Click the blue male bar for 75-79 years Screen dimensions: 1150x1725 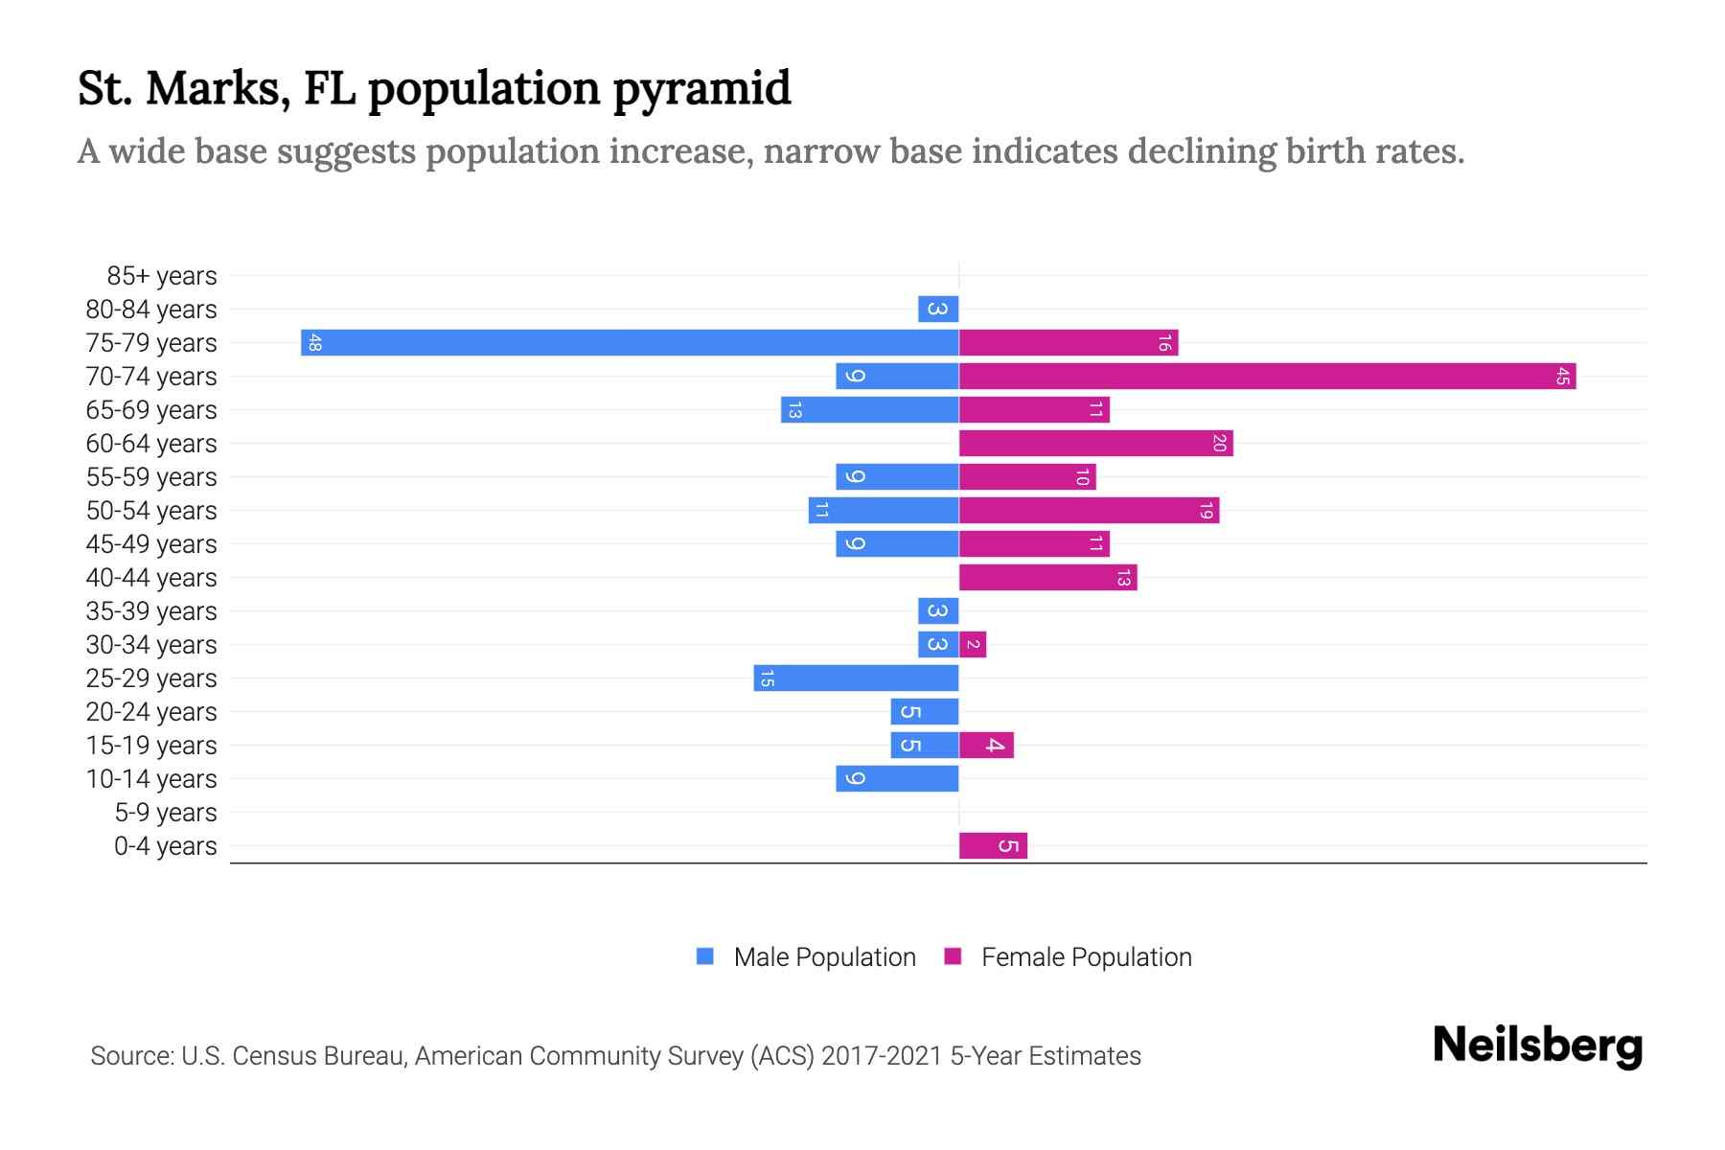(630, 343)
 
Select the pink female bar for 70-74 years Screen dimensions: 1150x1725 (1267, 377)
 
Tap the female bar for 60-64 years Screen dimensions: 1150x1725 (1095, 444)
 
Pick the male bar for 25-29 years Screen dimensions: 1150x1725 (856, 678)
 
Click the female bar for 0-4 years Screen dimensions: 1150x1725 (993, 846)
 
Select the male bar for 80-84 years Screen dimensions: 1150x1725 (938, 310)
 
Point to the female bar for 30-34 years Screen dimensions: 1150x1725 (973, 645)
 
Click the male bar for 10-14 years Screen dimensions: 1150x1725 (897, 779)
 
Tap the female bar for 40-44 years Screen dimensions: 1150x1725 (1047, 578)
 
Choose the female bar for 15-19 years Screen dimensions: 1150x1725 (986, 746)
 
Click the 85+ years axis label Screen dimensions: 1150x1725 (162, 276)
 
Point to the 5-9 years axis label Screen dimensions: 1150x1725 (166, 813)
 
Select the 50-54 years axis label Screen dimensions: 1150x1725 (151, 511)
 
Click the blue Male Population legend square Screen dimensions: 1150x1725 (705, 956)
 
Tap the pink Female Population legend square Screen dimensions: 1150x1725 (953, 956)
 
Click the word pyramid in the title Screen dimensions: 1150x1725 (701, 89)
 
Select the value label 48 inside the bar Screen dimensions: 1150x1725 (315, 343)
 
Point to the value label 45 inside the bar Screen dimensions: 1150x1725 (1562, 377)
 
